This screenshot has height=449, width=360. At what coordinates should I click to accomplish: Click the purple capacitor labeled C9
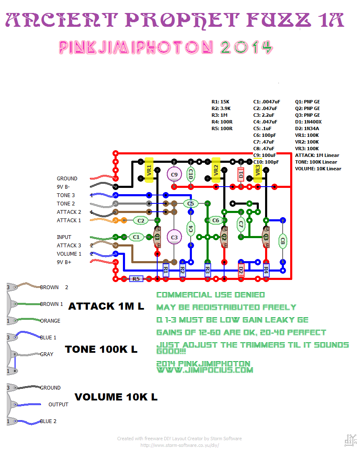point(174,174)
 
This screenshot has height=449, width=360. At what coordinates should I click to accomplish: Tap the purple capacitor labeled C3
point(174,237)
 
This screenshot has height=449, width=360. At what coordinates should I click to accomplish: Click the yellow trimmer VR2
point(216,170)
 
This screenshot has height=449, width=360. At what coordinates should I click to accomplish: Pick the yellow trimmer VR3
point(258,170)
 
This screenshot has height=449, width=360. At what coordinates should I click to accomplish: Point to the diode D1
point(241,174)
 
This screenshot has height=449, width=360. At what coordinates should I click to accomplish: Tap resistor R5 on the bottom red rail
point(136,279)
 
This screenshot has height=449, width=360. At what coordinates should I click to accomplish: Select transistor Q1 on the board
point(158,237)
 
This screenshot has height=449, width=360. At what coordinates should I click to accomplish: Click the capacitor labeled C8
point(283,241)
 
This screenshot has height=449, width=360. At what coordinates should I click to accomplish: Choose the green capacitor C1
point(136,237)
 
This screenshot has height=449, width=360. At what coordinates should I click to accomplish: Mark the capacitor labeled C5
point(191,204)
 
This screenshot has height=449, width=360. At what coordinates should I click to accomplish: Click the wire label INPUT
point(64,237)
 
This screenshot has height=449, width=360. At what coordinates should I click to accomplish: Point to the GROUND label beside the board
point(67,179)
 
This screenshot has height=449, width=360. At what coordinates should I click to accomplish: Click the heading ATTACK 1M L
point(106,306)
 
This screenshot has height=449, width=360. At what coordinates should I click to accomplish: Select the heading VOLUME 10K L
point(116,397)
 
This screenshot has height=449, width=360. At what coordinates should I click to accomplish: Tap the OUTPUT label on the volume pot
point(58,405)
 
